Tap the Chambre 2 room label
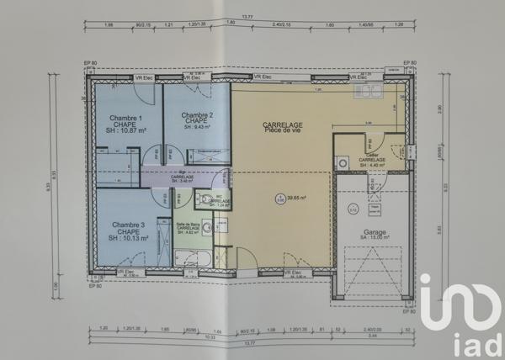[x=196, y=115]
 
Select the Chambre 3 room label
[x=128, y=225]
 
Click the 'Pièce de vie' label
[x=283, y=131]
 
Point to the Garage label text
[x=375, y=231]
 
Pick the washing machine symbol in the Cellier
[x=342, y=162]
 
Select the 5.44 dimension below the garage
[x=374, y=336]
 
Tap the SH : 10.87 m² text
[x=126, y=131]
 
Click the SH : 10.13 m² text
[x=128, y=239]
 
